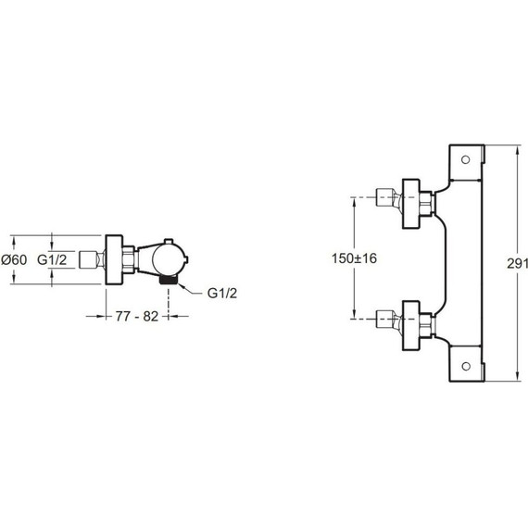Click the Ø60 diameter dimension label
14,259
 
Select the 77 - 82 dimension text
137,316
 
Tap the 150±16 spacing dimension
354,258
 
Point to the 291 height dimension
517,263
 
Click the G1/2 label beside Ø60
52,259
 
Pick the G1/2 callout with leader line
222,293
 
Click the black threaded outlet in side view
168,280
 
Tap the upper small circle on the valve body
465,159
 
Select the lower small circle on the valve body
466,366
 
